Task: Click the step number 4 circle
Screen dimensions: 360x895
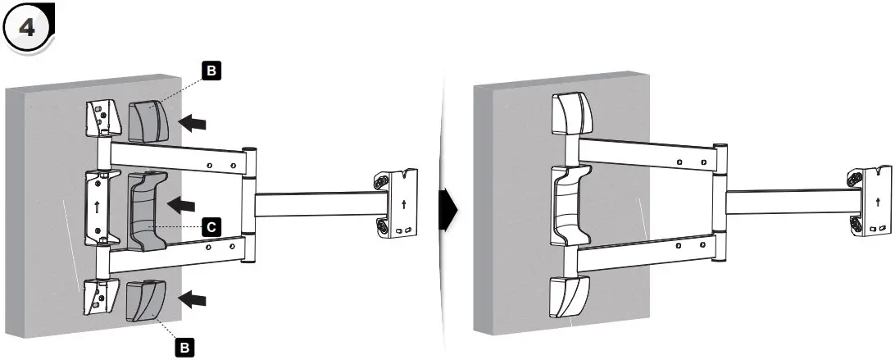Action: [x=28, y=27]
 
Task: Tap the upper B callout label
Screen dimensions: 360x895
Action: [x=211, y=72]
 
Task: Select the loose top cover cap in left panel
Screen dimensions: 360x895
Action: [x=148, y=121]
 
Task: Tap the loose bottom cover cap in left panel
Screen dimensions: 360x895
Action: [x=145, y=300]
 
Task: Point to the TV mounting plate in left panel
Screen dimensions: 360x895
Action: [x=398, y=203]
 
